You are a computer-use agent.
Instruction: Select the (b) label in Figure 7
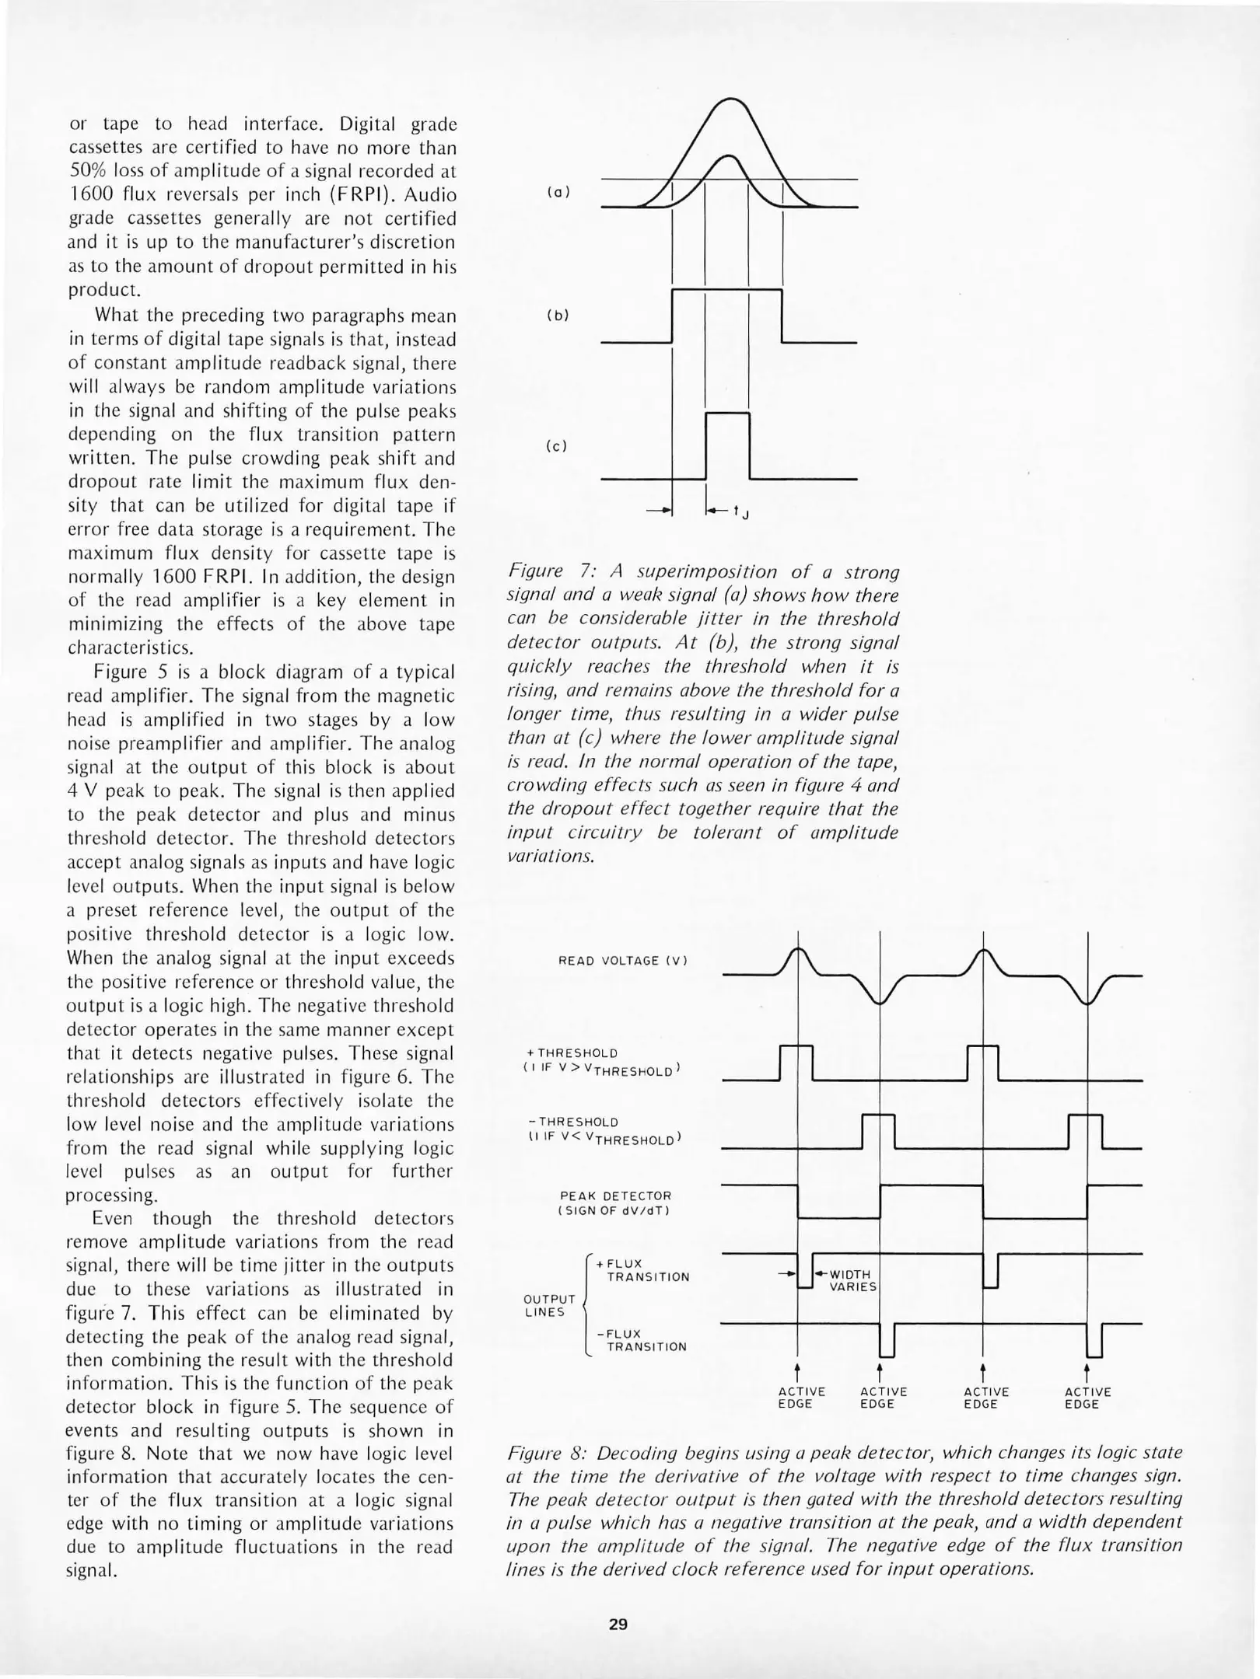point(558,316)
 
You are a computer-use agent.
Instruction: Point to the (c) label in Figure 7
point(558,446)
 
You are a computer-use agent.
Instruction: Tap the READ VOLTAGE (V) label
point(623,961)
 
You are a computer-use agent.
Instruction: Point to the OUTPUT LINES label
point(549,1306)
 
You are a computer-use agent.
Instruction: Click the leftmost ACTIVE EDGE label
point(801,1398)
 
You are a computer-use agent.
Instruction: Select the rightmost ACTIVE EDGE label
point(1087,1398)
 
